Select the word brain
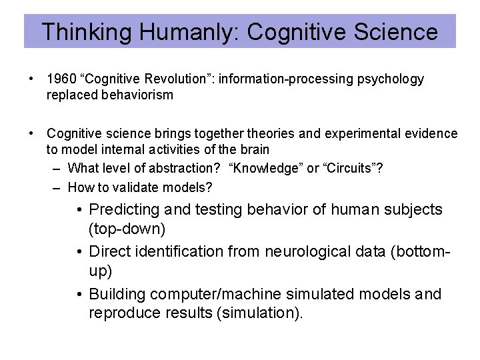pos(254,150)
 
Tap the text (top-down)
pos(127,229)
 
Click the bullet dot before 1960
pos(31,79)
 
